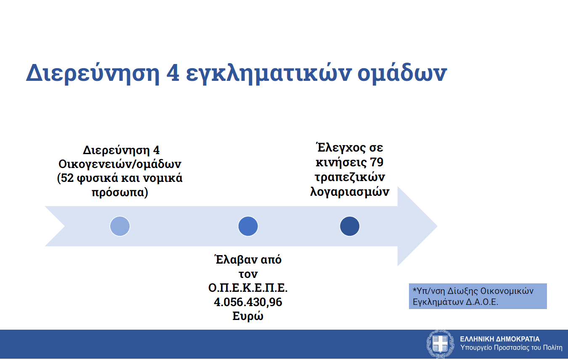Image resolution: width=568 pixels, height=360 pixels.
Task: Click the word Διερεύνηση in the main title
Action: pos(93,73)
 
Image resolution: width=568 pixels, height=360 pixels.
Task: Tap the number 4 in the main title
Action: pos(173,73)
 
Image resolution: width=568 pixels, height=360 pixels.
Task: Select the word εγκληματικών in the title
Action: pos(268,74)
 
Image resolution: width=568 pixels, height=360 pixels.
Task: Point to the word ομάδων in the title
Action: pos(402,73)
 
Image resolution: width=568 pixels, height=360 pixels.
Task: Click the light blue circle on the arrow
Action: pos(120,226)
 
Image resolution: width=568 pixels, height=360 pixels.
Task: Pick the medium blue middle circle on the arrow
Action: pos(248,226)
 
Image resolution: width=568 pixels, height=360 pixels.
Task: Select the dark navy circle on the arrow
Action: pos(350,226)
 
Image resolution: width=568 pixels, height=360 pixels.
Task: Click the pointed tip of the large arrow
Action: pos(437,226)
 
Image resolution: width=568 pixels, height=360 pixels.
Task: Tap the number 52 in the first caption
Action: pos(67,178)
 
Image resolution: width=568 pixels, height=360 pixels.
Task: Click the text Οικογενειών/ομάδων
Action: pos(120,164)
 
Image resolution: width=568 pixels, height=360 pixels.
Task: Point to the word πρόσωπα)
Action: pos(120,192)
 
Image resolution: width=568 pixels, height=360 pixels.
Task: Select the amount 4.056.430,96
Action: pos(248,302)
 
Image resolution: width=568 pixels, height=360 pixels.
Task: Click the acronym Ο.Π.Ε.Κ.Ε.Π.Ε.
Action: pos(248,288)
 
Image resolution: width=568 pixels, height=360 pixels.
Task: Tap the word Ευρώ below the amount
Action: pos(248,316)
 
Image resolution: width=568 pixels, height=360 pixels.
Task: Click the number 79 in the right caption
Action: pos(377,162)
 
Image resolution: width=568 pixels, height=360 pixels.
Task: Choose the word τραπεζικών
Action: pos(350,177)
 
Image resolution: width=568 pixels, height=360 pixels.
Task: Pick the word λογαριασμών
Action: pos(350,192)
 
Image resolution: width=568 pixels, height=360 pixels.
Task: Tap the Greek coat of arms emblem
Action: pos(440,344)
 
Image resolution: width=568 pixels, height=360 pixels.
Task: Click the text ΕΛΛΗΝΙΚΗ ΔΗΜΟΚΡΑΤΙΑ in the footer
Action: pos(500,339)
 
